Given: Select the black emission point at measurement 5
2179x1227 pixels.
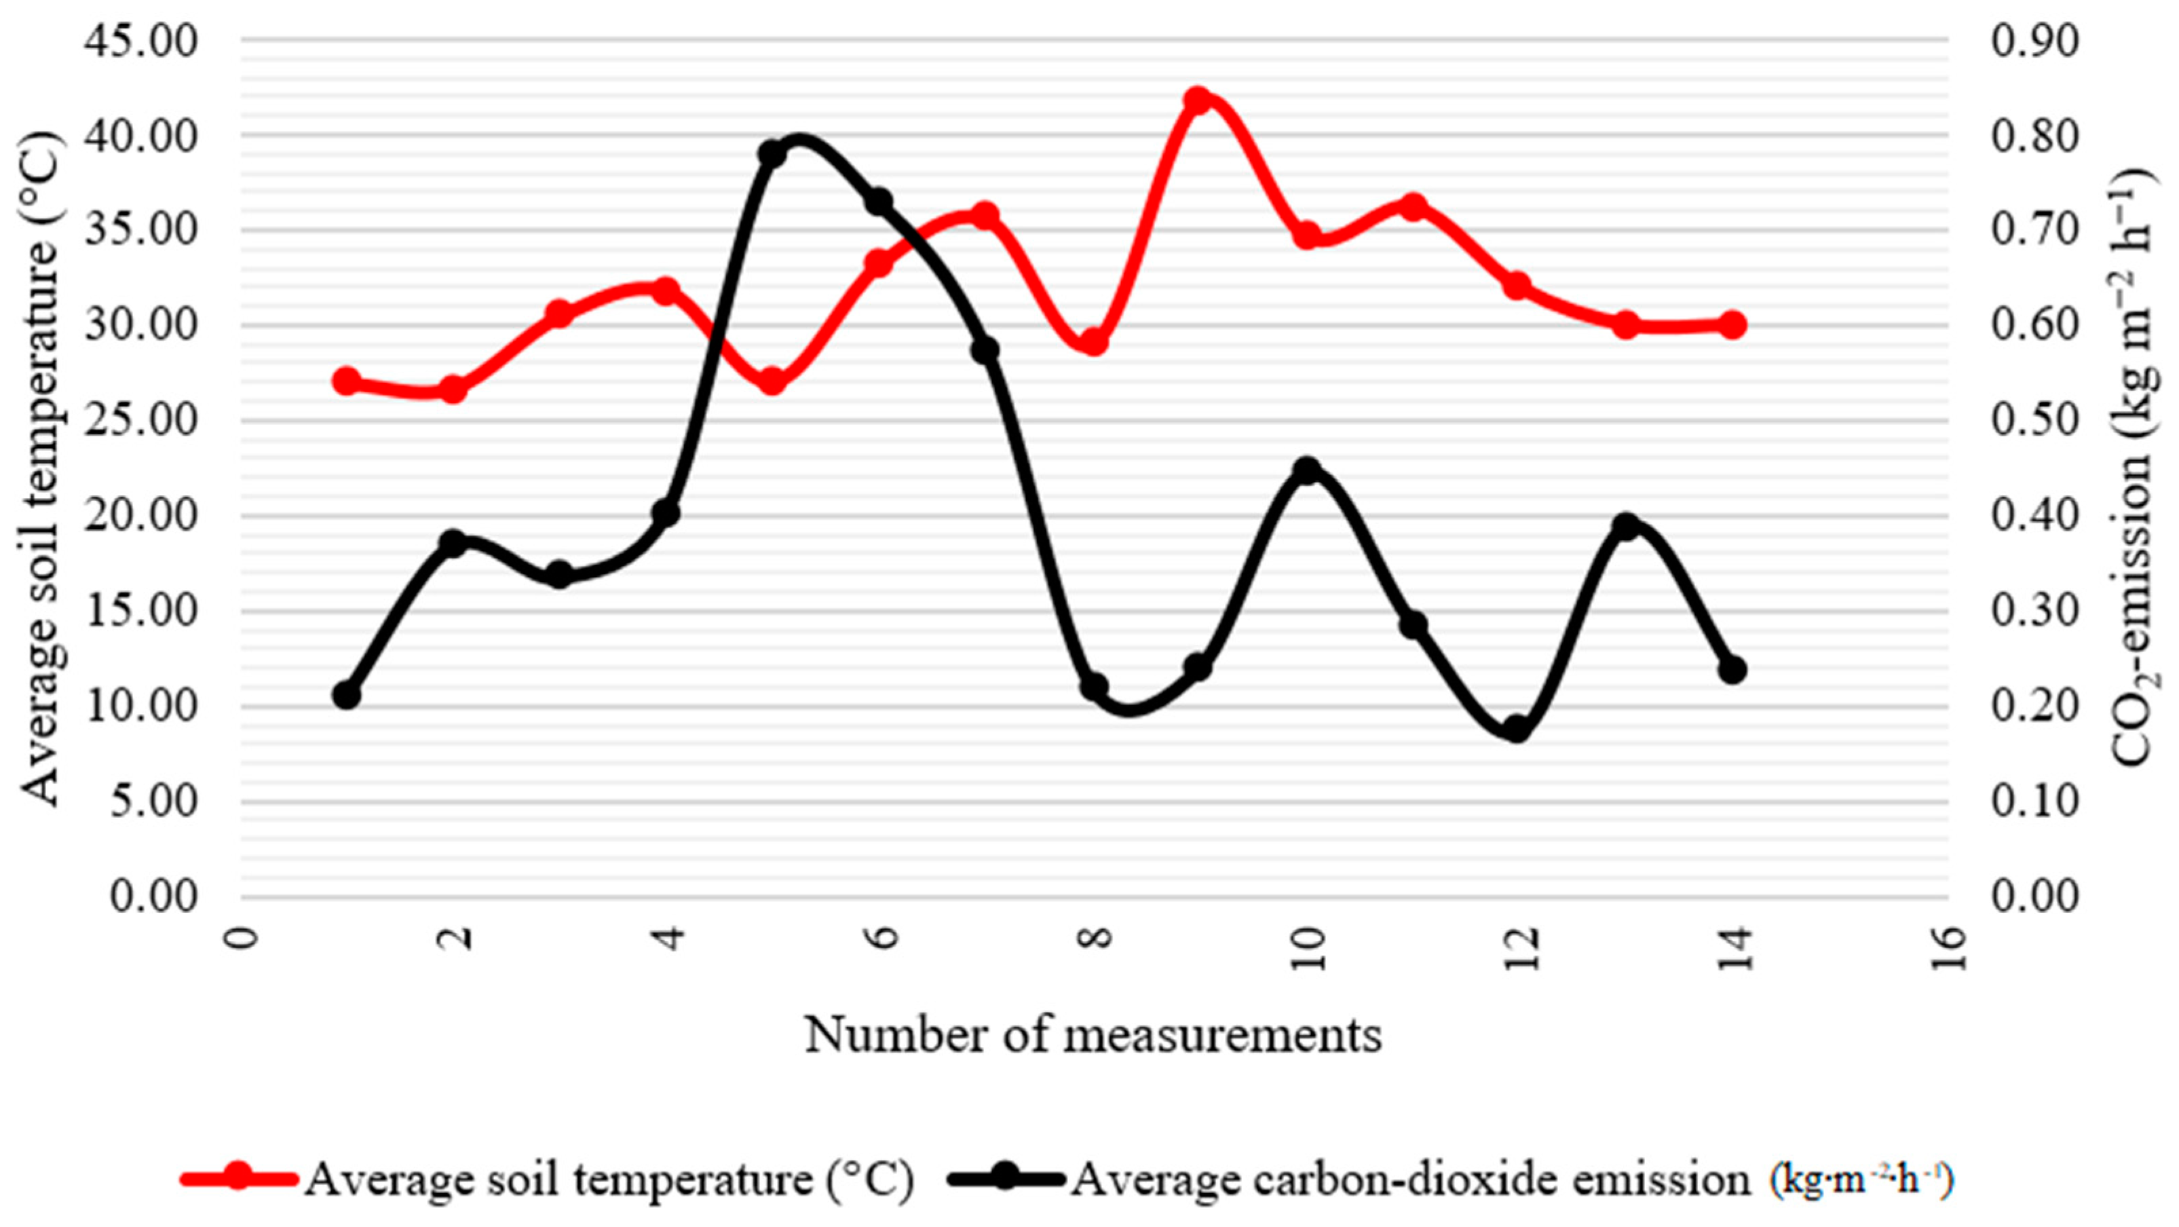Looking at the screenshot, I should pos(772,154).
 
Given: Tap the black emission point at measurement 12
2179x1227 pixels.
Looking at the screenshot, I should pos(1517,729).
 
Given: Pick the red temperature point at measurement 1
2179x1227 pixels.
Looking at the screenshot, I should pos(346,381).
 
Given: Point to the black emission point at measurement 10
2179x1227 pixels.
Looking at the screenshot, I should pos(1308,470).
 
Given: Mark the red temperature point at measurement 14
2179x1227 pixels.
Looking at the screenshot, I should pos(1732,325).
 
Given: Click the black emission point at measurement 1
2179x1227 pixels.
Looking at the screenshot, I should pos(346,696).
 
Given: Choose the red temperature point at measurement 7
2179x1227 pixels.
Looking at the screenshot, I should pos(985,216).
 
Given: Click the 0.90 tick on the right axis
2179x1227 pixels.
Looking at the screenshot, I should pos(2034,41).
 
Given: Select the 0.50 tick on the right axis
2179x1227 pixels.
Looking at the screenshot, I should pos(2034,421).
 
